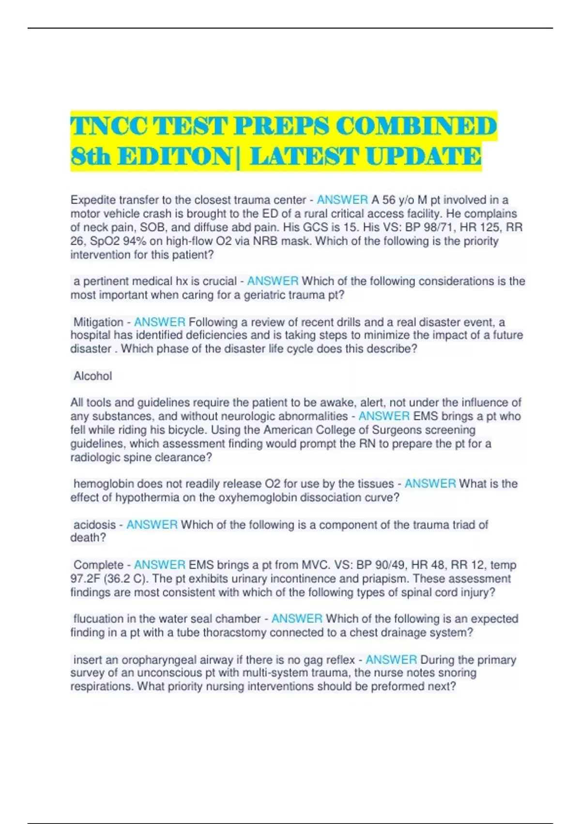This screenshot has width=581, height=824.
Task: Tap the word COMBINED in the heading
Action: [416, 127]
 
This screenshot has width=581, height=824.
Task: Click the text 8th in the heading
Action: [90, 157]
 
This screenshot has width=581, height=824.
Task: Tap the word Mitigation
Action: [98, 322]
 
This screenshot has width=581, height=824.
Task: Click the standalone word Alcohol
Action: [92, 376]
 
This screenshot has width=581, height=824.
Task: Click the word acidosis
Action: [94, 524]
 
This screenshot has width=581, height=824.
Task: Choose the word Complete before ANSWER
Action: [98, 565]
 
